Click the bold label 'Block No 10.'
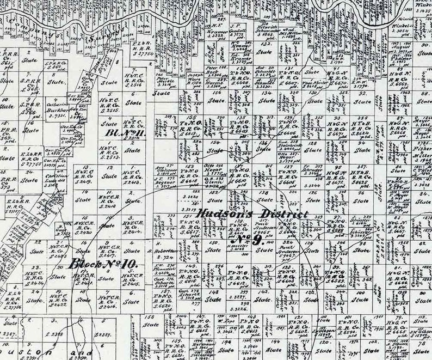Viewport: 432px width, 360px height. (104, 265)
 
